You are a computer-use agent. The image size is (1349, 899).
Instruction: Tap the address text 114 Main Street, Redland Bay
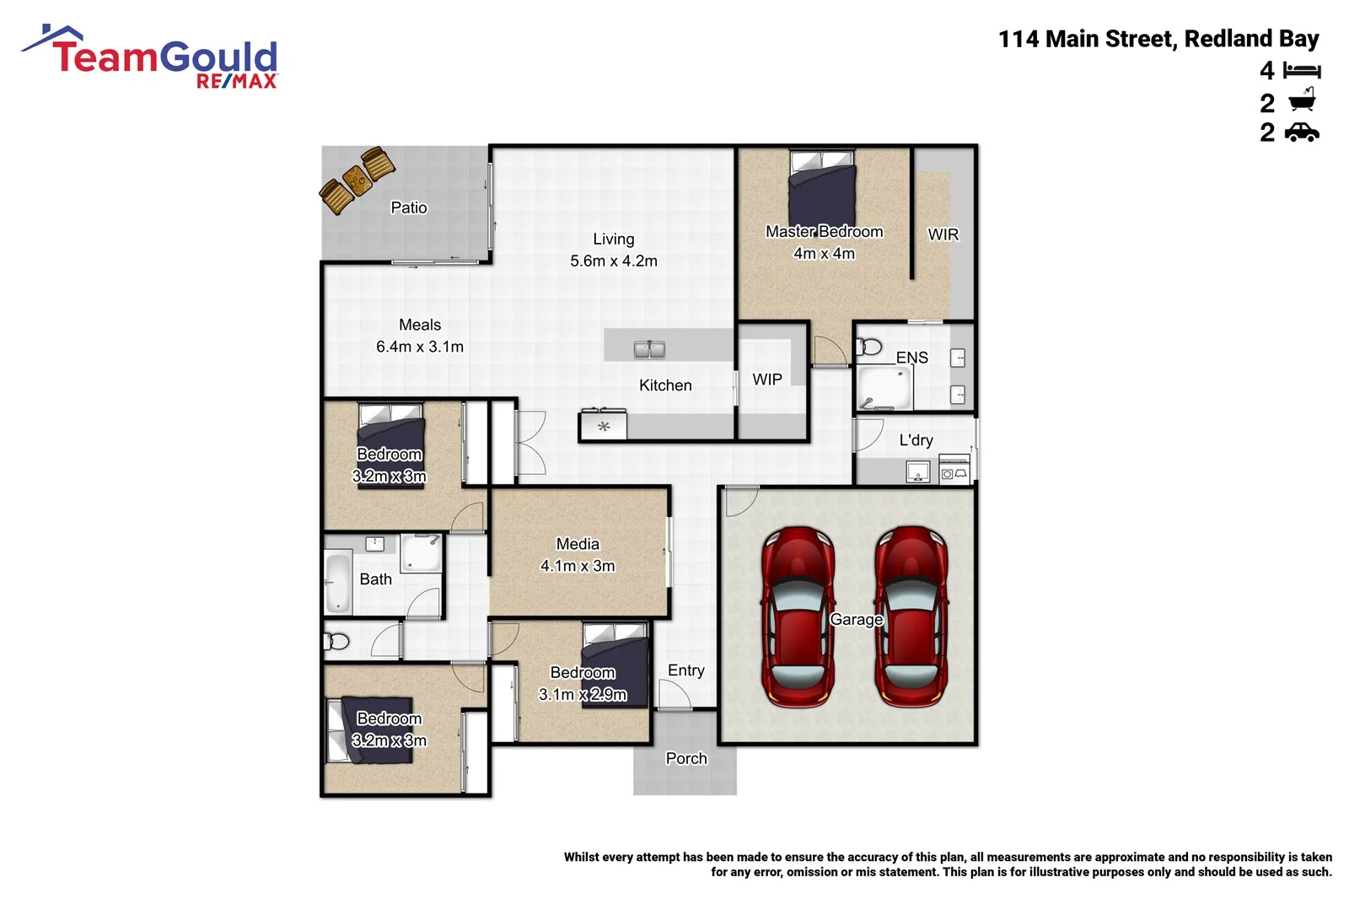[1158, 39]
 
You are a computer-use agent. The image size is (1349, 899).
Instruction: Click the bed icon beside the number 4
[1302, 71]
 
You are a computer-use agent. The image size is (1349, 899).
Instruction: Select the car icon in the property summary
[1302, 132]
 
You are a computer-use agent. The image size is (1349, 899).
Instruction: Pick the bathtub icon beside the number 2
[1302, 102]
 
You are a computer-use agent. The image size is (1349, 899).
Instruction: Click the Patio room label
[409, 207]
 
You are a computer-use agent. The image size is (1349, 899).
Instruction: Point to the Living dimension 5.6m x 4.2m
[614, 261]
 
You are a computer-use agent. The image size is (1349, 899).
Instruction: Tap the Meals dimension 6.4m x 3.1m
[420, 347]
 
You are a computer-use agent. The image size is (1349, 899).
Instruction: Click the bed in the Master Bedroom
[822, 189]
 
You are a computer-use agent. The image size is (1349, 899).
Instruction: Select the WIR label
[943, 234]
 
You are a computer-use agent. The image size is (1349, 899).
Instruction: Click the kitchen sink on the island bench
[649, 349]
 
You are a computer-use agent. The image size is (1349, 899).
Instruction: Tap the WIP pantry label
[767, 380]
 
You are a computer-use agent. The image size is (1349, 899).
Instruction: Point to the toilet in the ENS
[869, 347]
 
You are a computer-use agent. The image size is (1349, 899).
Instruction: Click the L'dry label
[916, 440]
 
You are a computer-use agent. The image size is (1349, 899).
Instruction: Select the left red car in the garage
[797, 616]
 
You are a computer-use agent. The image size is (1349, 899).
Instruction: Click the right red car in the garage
[911, 616]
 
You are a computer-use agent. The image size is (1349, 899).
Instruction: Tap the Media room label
[578, 544]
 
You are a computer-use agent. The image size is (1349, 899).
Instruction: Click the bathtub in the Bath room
[338, 582]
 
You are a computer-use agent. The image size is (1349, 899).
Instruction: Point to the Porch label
[686, 758]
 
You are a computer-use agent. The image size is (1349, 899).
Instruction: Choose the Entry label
[686, 670]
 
